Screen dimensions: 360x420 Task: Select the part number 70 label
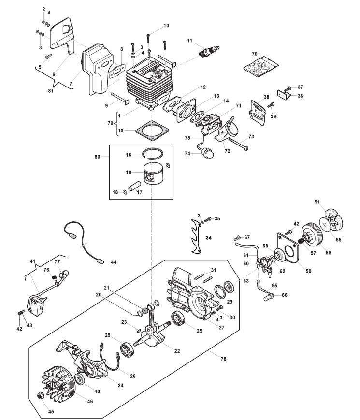255,54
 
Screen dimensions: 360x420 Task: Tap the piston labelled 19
154,173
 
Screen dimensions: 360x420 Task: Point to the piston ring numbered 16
151,154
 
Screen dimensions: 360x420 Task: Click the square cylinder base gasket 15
152,130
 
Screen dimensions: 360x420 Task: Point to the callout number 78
223,359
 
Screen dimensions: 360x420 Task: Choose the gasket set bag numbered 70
261,66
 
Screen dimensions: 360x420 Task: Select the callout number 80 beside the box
97,157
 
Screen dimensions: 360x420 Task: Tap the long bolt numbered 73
238,144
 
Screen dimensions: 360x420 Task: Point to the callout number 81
51,91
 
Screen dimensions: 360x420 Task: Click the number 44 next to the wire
114,262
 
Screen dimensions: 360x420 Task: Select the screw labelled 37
288,88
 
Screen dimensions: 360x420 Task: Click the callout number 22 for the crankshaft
177,351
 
